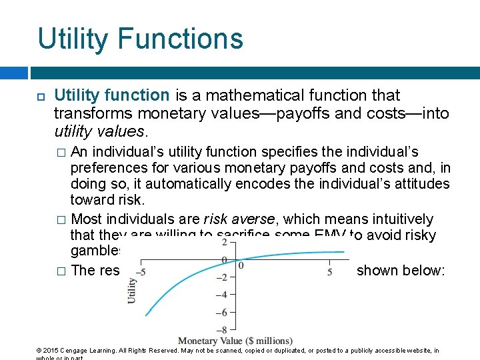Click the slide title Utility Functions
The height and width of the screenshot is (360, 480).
pos(140,39)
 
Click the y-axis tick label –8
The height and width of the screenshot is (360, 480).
pos(228,329)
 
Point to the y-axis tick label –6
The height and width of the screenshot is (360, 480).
pos(228,312)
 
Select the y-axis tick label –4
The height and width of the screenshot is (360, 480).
pos(228,295)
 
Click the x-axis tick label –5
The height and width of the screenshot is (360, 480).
pos(141,272)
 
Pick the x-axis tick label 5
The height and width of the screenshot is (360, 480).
pos(330,272)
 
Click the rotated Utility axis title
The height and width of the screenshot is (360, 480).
pos(131,290)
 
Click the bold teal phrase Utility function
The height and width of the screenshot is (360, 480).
pos(111,96)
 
